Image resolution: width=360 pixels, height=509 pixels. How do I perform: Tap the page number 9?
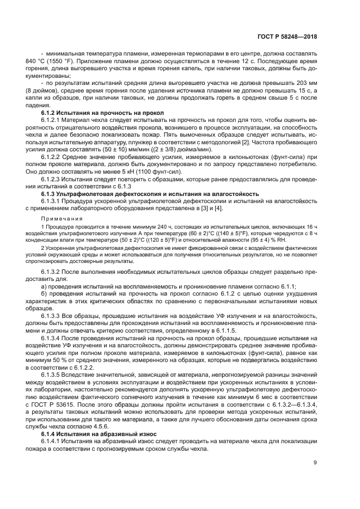pos(315,463)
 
